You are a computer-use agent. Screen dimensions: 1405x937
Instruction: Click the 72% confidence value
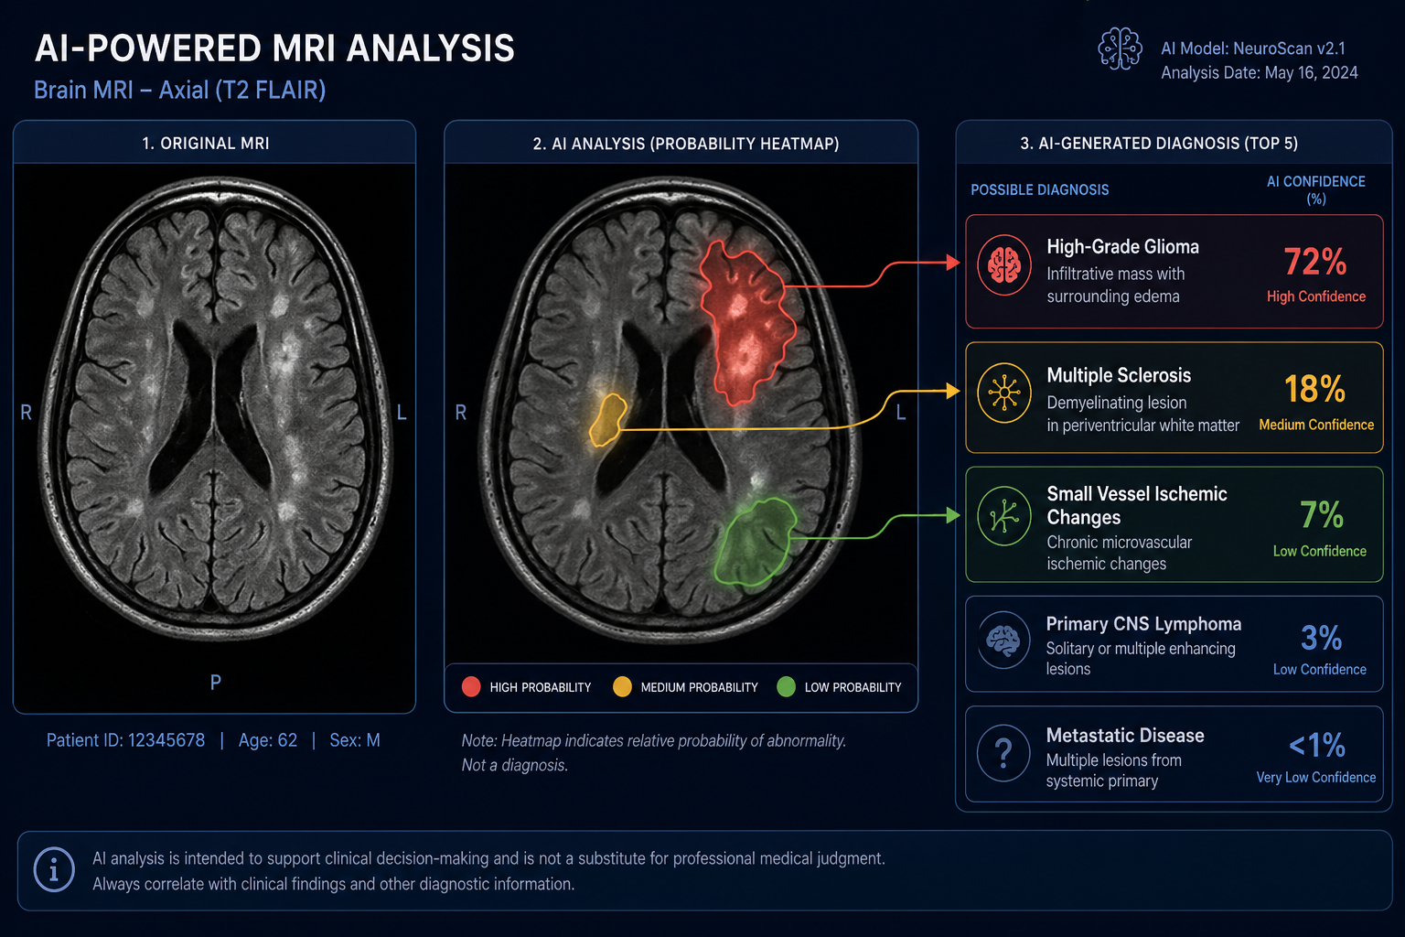(x=1314, y=261)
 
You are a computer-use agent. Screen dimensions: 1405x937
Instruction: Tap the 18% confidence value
(x=1314, y=389)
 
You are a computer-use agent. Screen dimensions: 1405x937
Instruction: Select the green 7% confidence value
(x=1322, y=514)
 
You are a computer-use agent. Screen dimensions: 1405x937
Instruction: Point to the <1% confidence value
(x=1317, y=745)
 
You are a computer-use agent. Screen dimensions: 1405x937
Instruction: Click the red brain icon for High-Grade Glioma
(x=1004, y=264)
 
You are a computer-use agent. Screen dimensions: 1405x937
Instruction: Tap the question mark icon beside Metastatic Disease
(x=1003, y=752)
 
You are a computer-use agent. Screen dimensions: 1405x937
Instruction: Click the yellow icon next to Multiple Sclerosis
(x=1004, y=393)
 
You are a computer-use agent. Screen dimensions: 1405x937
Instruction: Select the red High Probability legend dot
(x=471, y=686)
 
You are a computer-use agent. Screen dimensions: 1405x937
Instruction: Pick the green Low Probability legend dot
(x=786, y=686)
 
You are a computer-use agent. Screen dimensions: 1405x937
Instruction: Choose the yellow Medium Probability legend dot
(x=622, y=686)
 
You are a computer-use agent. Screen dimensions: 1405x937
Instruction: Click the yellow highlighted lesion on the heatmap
(x=607, y=421)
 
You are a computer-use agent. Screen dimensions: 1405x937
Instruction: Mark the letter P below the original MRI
(x=216, y=682)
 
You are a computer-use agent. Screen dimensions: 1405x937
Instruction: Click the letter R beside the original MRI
(x=26, y=413)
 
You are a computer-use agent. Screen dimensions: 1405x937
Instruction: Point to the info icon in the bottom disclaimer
(x=54, y=870)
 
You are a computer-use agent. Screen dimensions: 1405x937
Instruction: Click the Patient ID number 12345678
(x=166, y=740)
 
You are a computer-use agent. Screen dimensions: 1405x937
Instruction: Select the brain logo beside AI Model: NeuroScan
(x=1120, y=48)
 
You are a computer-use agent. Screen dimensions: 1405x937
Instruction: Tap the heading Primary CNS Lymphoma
(x=1143, y=623)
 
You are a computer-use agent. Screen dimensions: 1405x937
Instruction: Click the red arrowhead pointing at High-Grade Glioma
(x=953, y=262)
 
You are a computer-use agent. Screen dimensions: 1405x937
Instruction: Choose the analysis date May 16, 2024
(x=1311, y=73)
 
